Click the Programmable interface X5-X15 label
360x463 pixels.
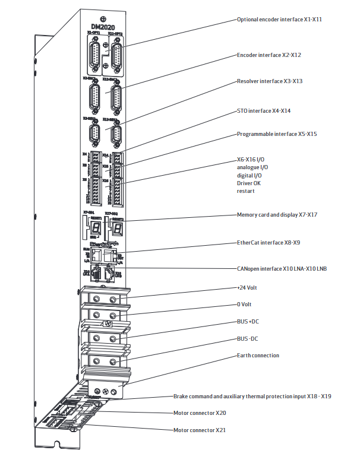277,134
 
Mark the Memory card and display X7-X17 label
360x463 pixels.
277,214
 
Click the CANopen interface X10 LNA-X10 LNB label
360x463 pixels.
282,268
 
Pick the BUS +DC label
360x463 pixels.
248,321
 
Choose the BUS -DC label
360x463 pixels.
248,339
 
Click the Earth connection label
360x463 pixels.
258,356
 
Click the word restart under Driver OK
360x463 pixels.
247,191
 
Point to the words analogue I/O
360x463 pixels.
252,168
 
